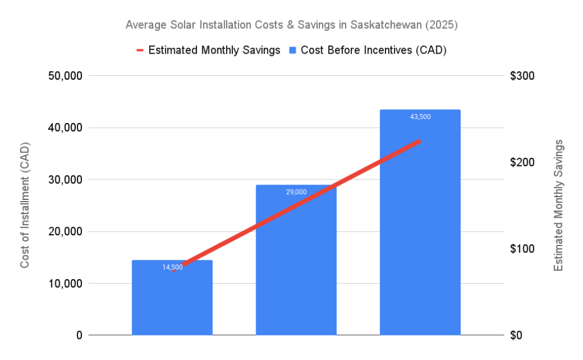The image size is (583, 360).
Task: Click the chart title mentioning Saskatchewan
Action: [x=291, y=25]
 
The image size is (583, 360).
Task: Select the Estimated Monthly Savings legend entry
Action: [x=214, y=50]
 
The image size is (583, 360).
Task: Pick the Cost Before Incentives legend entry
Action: [x=373, y=50]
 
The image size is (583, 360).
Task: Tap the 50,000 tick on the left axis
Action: [x=63, y=76]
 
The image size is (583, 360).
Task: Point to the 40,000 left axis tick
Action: [x=63, y=128]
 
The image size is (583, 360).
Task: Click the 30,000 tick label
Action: [x=63, y=179]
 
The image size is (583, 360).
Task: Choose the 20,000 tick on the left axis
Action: [x=63, y=231]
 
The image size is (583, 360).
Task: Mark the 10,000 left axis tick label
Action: [x=63, y=283]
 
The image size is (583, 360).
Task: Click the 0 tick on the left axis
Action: [x=78, y=335]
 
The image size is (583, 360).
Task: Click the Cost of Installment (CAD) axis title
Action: [x=25, y=206]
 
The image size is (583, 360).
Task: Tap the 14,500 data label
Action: [x=173, y=267]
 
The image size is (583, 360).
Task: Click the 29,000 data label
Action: [x=296, y=192]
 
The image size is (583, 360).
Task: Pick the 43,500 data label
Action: [x=420, y=117]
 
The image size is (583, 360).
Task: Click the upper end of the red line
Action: [x=419, y=141]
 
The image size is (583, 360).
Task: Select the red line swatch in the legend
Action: [x=140, y=50]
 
